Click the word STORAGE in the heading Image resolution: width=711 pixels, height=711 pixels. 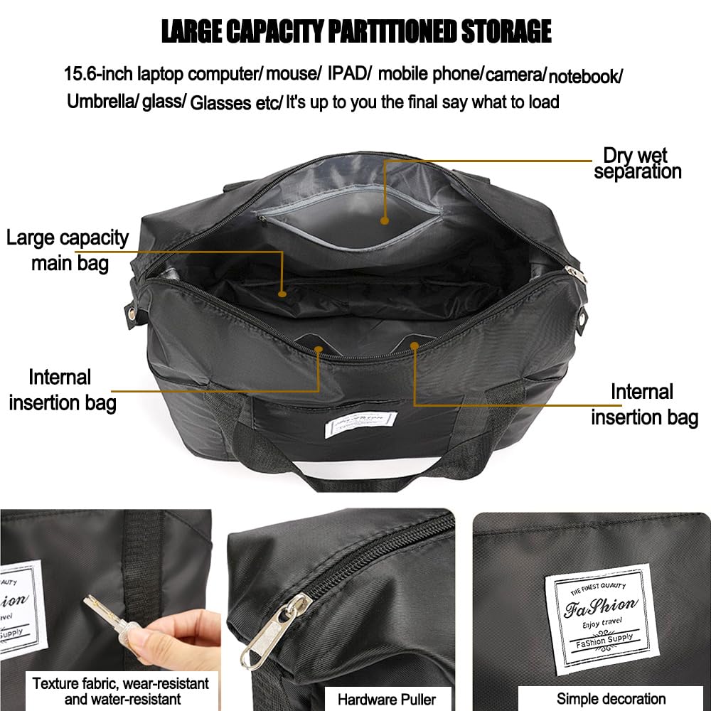click(506, 31)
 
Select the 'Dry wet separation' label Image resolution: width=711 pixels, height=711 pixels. click(637, 164)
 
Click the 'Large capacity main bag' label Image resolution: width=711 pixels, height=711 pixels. click(68, 250)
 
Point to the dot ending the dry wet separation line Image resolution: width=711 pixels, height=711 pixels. click(385, 221)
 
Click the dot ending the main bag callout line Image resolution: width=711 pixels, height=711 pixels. click(282, 294)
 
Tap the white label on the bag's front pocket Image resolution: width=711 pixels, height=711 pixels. click(361, 424)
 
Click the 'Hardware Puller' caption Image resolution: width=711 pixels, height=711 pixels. click(387, 700)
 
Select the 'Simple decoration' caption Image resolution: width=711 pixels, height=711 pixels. click(611, 699)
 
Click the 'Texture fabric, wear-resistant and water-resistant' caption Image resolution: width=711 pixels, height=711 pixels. click(121, 691)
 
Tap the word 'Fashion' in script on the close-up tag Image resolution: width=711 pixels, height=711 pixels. click(600, 606)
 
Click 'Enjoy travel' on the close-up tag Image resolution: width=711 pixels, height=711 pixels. click(602, 624)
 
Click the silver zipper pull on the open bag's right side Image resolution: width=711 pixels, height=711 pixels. click(577, 274)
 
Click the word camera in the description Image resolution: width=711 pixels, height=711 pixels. click(515, 75)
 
